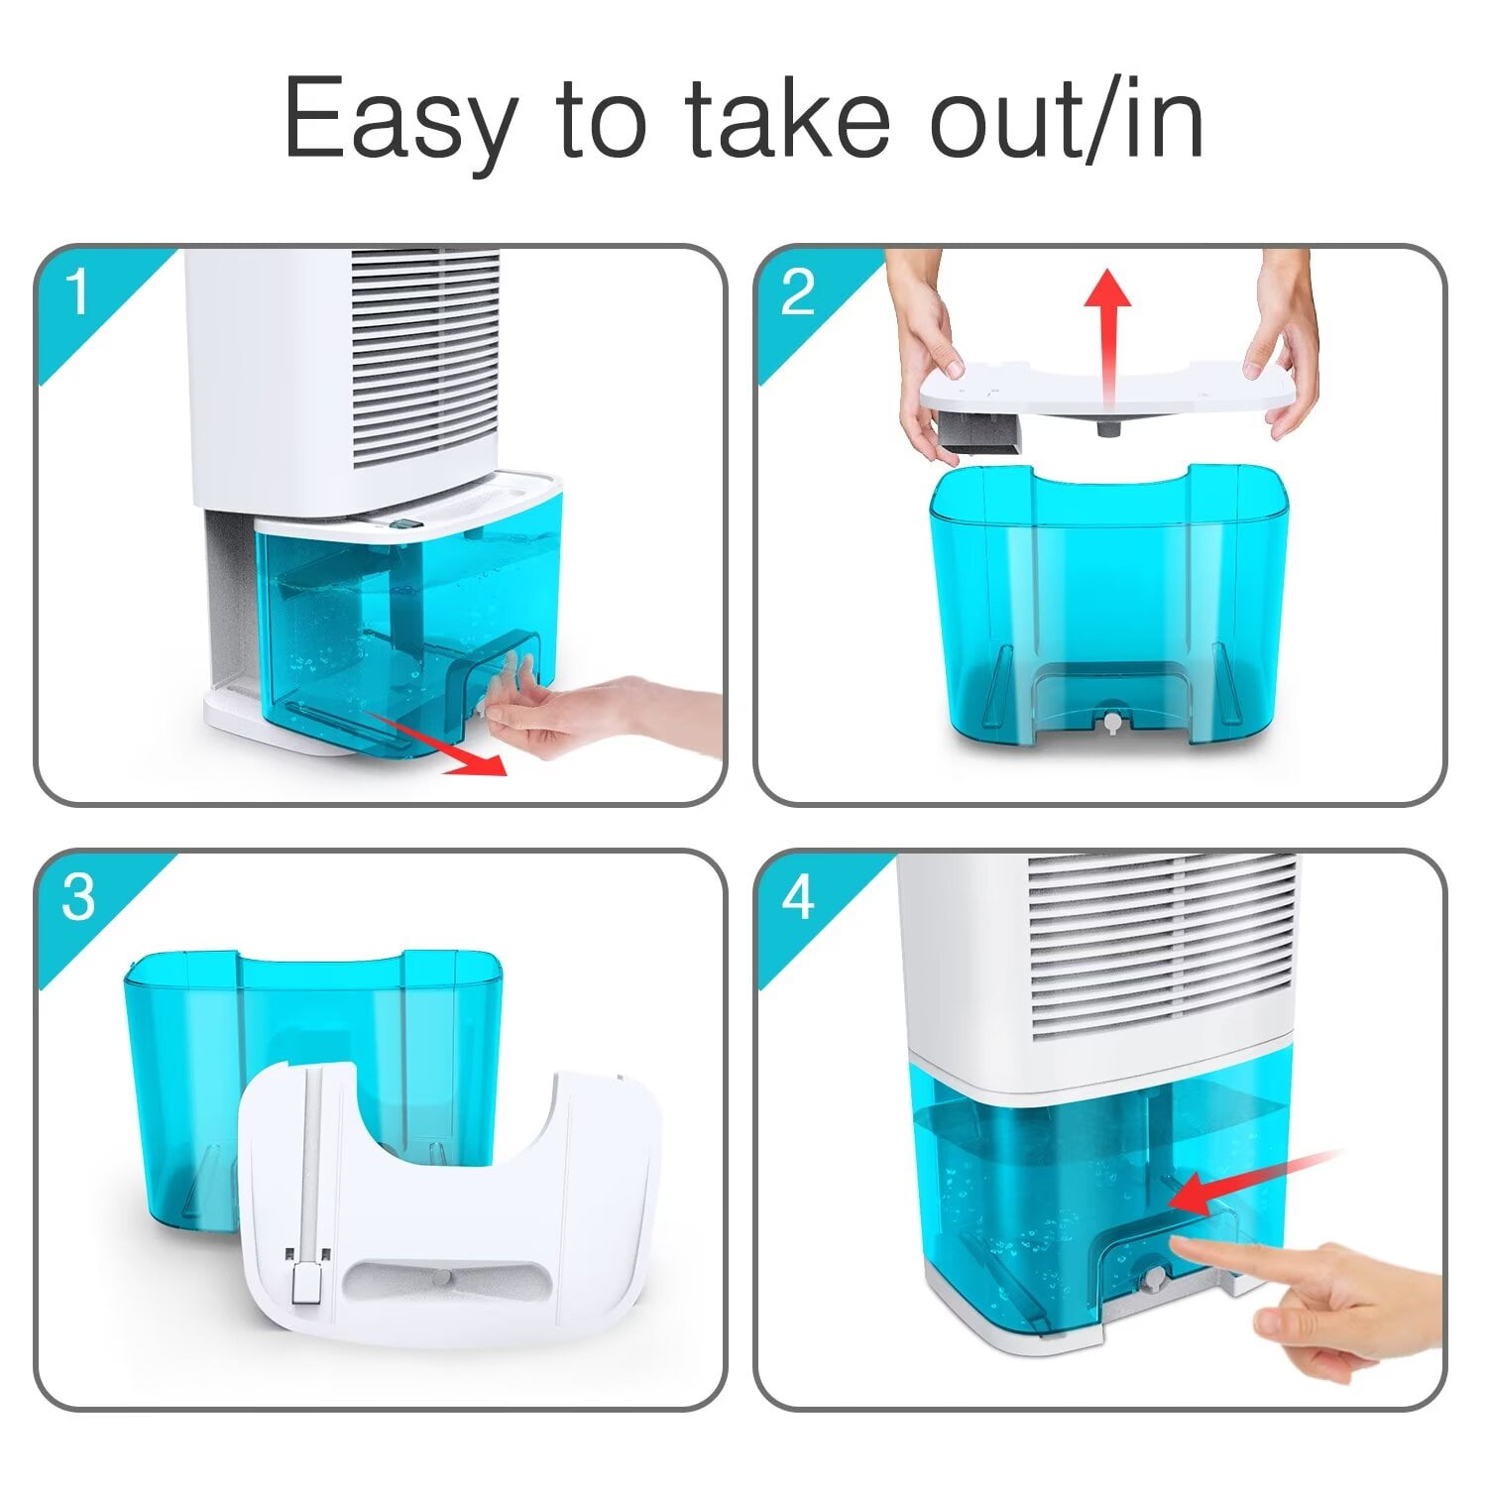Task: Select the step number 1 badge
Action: click(x=77, y=294)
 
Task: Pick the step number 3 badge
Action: click(x=77, y=898)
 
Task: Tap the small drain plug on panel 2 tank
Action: click(x=1112, y=721)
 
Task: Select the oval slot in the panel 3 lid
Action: click(x=446, y=1279)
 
